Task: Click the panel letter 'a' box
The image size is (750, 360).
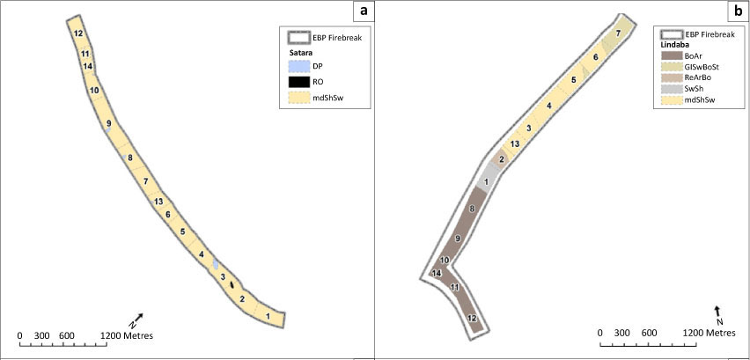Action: (364, 11)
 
